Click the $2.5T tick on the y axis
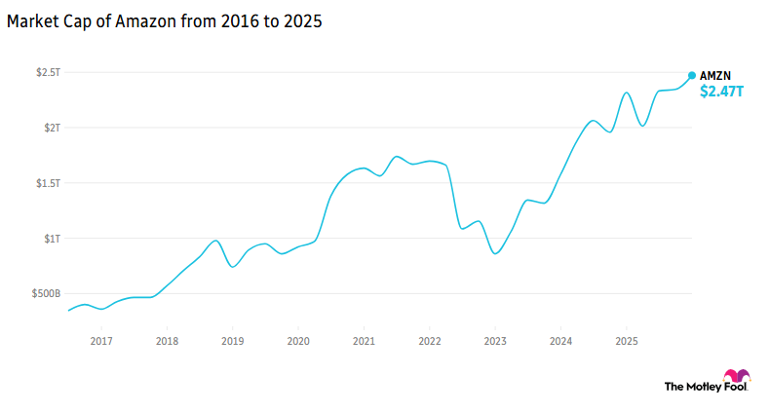pos(47,72)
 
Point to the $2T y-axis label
pos(50,128)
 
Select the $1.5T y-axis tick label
pos(47,183)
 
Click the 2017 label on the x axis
pos(101,341)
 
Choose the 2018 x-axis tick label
pos(167,341)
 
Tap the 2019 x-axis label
pos(232,341)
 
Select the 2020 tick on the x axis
pos(298,341)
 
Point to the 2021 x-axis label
pos(364,341)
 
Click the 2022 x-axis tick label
pos(429,341)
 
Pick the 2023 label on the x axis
pos(495,341)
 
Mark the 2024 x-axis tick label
pos(560,341)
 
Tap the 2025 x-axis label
pos(626,341)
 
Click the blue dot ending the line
pos(692,75)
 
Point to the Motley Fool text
pos(692,387)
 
